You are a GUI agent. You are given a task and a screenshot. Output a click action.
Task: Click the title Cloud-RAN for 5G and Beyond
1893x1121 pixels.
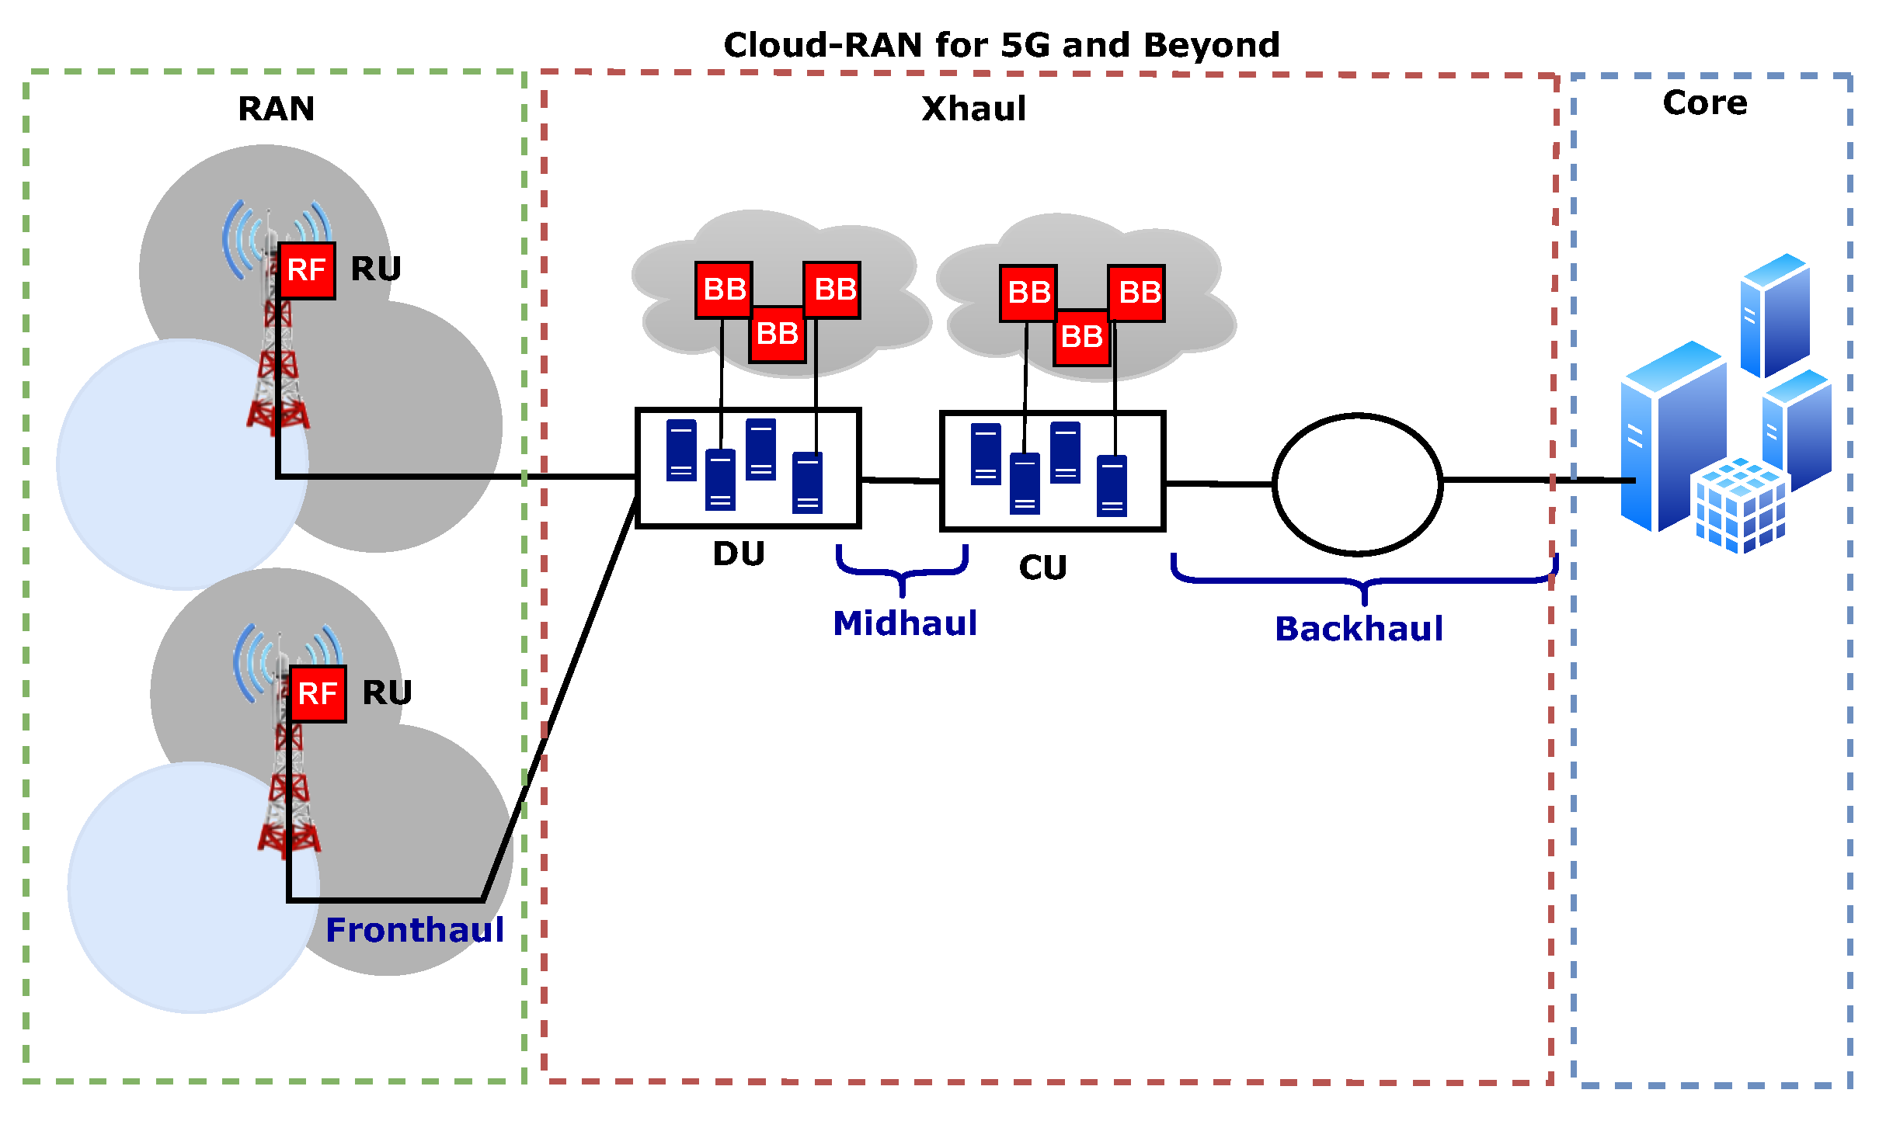click(1001, 46)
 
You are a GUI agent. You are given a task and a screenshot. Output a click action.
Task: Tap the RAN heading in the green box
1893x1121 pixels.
click(276, 109)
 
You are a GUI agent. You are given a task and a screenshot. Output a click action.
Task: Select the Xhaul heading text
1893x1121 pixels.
click(973, 109)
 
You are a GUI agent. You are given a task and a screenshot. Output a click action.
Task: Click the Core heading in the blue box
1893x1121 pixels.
click(1704, 103)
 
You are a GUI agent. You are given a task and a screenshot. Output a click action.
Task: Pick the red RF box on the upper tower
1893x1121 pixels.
click(307, 271)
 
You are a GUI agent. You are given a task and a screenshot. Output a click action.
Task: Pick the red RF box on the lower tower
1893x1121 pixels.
click(318, 694)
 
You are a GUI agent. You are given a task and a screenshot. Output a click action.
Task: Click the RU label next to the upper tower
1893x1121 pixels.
click(376, 269)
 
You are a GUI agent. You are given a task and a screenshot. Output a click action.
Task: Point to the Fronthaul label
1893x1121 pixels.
click(415, 930)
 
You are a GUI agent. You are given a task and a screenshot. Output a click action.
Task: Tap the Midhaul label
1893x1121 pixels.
click(904, 623)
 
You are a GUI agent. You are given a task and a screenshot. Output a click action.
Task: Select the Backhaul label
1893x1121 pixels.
click(1359, 629)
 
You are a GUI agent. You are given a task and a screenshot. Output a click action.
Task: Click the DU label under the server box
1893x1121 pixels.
click(739, 554)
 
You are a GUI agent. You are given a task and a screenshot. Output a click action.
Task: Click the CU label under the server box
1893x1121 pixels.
click(1042, 568)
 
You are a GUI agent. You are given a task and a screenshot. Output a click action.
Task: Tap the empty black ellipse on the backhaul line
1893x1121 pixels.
click(1357, 484)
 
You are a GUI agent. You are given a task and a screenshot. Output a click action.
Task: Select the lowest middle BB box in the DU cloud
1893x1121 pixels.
click(777, 335)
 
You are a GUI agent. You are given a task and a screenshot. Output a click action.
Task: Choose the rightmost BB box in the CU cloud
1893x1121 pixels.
click(1136, 293)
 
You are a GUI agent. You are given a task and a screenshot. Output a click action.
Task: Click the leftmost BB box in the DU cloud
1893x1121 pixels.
click(723, 290)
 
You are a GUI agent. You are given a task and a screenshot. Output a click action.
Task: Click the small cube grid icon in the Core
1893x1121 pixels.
click(1740, 505)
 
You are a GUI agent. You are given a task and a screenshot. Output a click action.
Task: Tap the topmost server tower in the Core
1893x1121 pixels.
click(1775, 315)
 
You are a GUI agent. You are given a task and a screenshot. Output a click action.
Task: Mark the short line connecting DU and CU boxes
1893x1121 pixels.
click(900, 481)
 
